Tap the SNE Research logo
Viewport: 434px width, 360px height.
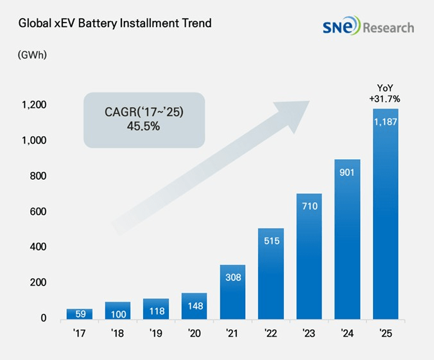tap(369, 27)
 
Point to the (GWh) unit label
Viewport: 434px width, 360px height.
tap(31, 55)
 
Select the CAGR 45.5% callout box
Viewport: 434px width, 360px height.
tap(144, 119)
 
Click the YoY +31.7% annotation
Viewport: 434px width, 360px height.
tap(385, 94)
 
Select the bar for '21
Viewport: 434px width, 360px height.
tap(232, 292)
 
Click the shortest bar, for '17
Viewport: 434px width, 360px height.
tap(80, 314)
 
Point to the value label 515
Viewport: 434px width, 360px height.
tap(271, 240)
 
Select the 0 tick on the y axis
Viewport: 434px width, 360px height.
tap(44, 318)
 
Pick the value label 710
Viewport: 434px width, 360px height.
tap(309, 206)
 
